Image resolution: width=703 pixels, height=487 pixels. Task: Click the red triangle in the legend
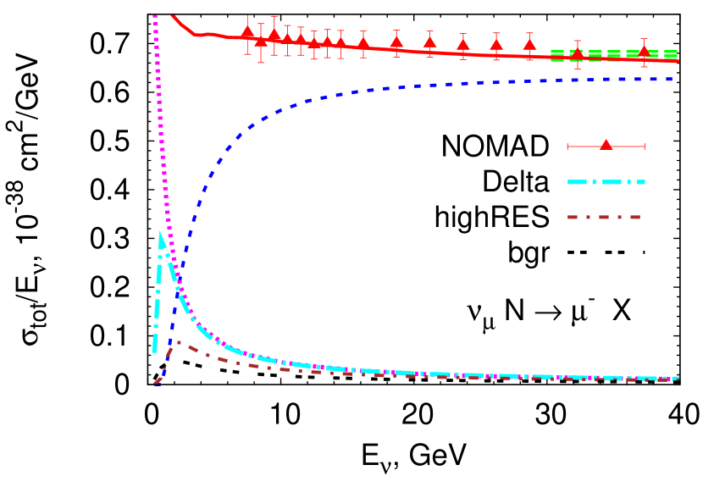pos(606,145)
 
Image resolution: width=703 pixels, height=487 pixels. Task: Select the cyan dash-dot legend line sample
pos(606,182)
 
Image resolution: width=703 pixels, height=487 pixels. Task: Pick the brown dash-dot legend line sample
pos(604,218)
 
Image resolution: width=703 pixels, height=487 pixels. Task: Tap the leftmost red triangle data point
pos(247,32)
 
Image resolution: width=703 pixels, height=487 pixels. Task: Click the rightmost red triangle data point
pos(644,51)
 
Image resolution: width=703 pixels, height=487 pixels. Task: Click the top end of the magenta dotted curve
pos(154,15)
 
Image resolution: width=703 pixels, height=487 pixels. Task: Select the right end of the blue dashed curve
pos(673,79)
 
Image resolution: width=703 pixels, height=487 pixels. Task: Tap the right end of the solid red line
pos(675,61)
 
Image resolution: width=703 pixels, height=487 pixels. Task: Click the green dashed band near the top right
pos(614,56)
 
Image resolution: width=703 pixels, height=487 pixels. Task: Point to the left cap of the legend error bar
pos(567,147)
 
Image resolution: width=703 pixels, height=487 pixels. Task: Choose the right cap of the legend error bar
pos(645,147)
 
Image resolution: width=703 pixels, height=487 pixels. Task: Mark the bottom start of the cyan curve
pos(154,350)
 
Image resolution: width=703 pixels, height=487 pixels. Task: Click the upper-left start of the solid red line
pos(173,15)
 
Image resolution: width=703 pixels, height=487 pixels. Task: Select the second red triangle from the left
pos(261,40)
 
